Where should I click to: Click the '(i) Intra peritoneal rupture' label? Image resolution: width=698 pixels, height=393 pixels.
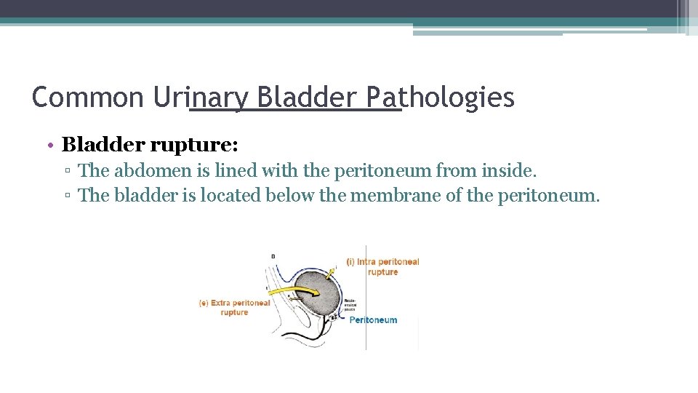tap(383, 266)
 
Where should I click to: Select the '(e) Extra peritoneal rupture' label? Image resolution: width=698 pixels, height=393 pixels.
tap(235, 307)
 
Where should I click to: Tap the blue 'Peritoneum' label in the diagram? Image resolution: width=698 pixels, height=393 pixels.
tap(373, 319)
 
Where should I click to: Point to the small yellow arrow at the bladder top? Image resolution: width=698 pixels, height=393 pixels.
tap(331, 273)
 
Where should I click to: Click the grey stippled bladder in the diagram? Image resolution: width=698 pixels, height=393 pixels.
tap(320, 306)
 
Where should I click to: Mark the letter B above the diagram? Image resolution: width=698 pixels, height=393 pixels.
tap(273, 256)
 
